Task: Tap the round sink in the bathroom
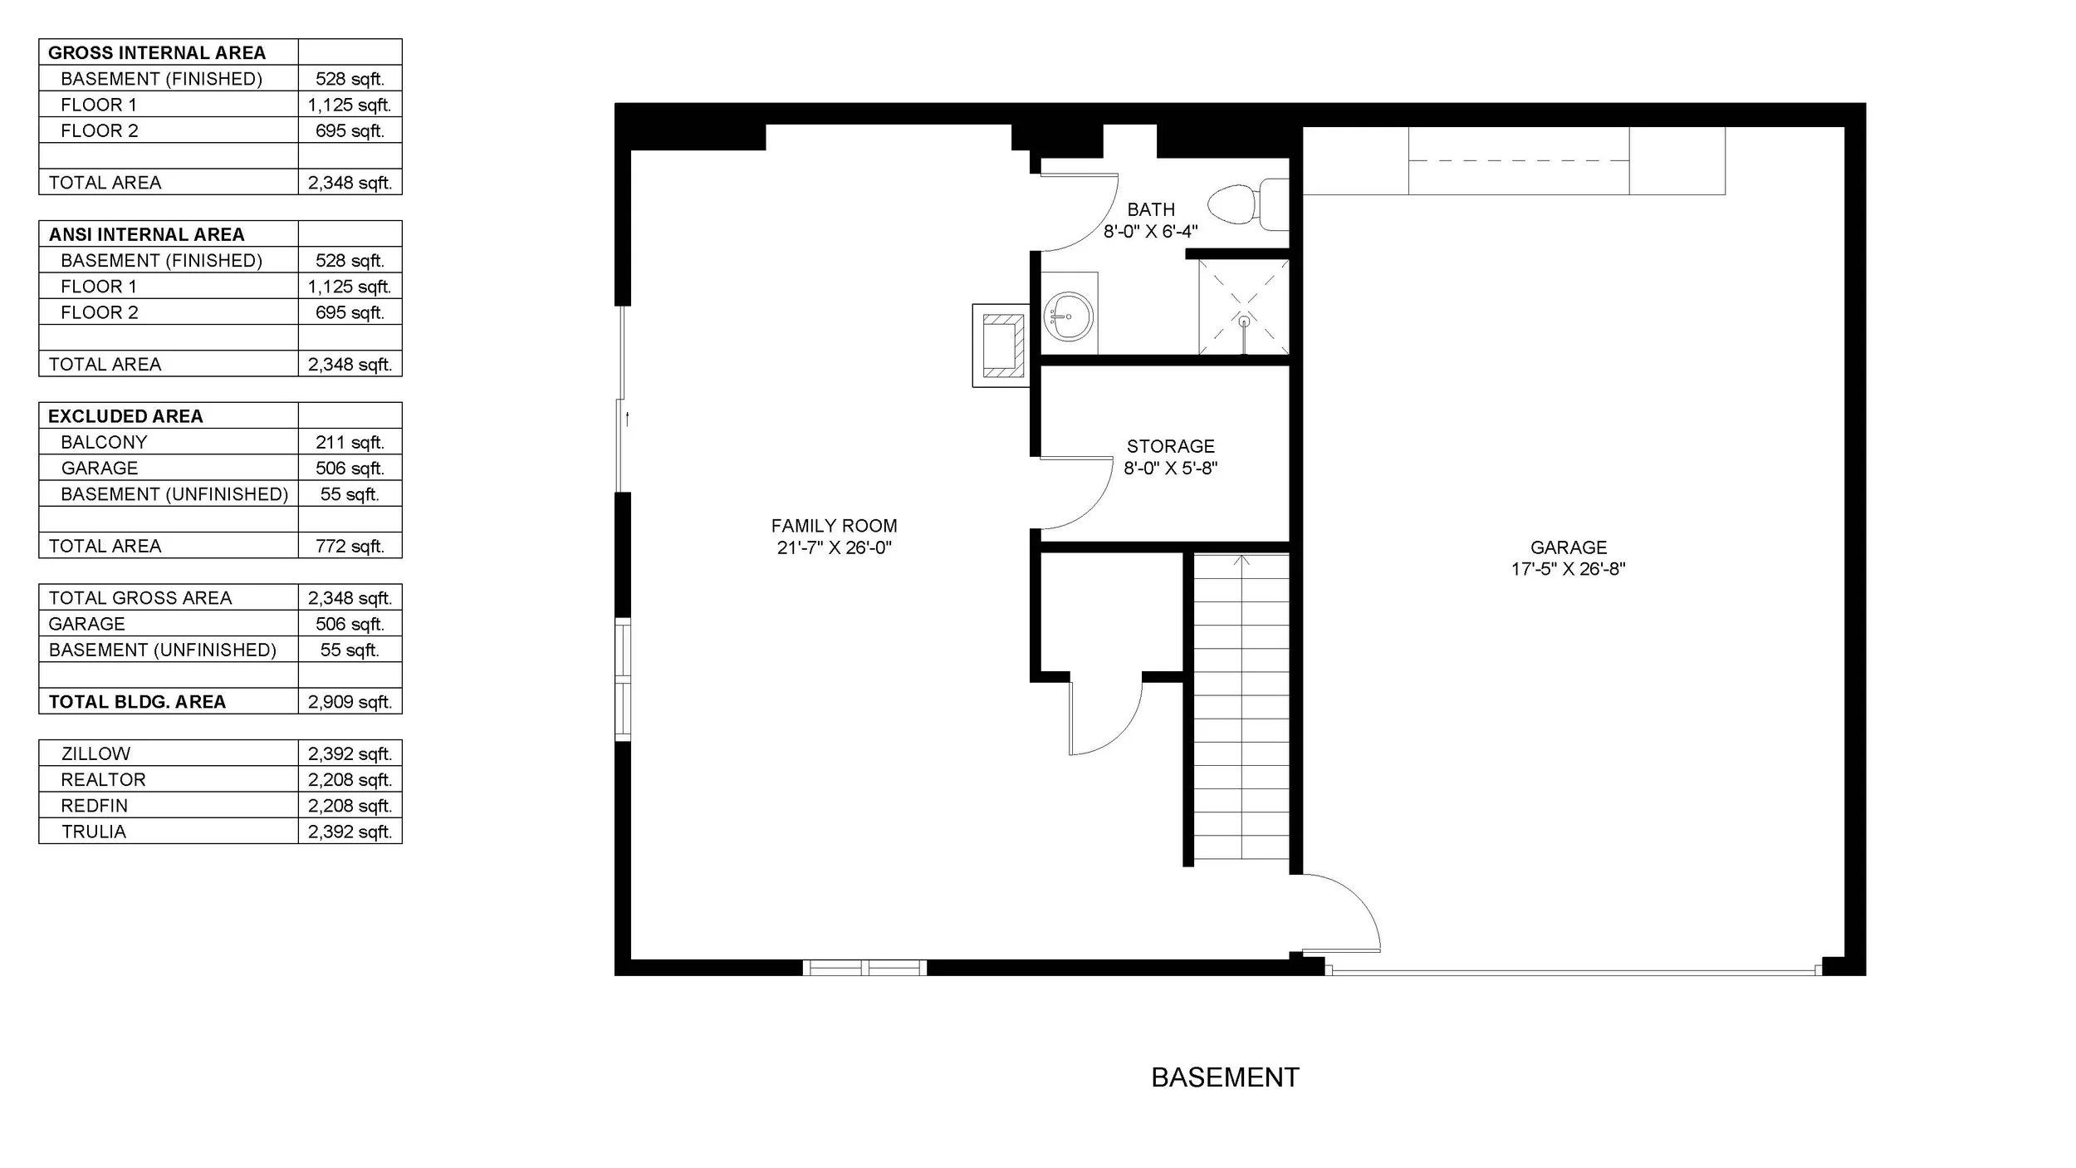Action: [1068, 316]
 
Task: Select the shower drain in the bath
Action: [1243, 321]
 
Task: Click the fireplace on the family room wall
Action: [1001, 345]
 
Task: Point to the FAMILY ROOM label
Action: [834, 526]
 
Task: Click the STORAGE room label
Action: [1170, 446]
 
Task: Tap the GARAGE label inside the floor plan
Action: [1569, 547]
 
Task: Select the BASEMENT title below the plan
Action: [1225, 1077]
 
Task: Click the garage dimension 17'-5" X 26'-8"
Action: [1568, 569]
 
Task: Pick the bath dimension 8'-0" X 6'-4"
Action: [1150, 232]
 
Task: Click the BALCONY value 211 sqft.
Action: [350, 442]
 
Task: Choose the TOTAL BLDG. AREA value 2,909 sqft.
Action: [350, 702]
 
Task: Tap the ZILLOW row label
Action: [95, 753]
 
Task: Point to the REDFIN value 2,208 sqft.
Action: [350, 806]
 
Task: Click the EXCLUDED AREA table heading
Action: [125, 416]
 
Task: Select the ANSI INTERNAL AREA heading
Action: [146, 234]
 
